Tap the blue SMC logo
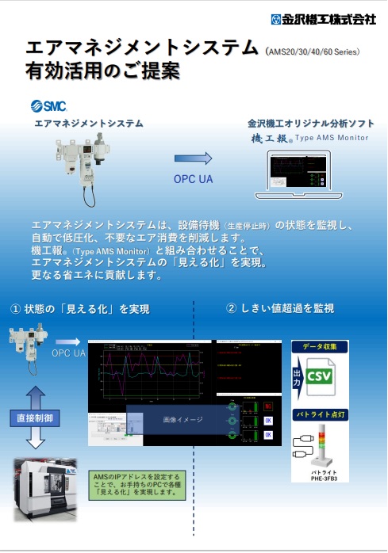pos(48,106)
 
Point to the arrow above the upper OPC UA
pos(194,158)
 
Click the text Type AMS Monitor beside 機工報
pos(332,138)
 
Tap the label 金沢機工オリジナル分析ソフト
pos(311,124)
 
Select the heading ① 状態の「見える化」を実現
pos(80,308)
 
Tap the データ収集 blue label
pos(320,347)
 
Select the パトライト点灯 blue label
pos(320,414)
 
